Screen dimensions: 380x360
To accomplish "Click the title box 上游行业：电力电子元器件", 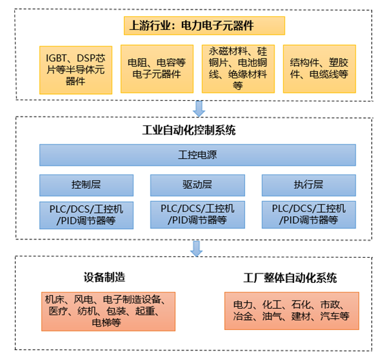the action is point(204,26).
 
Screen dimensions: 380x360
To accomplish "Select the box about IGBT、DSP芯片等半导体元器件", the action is point(76,70).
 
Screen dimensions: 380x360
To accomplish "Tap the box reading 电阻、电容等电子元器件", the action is point(157,69).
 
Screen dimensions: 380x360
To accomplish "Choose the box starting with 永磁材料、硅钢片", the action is point(238,69).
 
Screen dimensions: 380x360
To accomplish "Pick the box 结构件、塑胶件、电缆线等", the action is point(319,69).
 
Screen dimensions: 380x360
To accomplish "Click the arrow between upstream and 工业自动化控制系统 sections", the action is point(199,108).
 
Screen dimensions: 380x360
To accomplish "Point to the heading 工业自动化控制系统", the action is point(189,130).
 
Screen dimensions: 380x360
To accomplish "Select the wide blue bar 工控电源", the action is point(197,155).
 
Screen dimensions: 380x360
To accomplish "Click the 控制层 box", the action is point(86,185).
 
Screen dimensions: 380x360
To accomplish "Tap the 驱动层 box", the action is point(197,185).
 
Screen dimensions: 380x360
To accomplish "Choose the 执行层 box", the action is point(308,185).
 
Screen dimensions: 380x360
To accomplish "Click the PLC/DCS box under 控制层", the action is point(86,215).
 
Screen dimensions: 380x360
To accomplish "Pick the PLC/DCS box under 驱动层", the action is point(197,215).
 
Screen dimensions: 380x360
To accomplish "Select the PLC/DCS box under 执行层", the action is point(308,215).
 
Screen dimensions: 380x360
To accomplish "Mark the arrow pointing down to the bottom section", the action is point(196,249).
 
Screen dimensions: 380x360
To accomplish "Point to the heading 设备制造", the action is point(104,277).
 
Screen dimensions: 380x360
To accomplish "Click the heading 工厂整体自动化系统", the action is point(290,278).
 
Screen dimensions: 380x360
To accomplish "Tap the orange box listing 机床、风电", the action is point(108,312).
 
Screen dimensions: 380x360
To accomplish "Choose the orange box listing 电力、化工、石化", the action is point(291,311).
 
